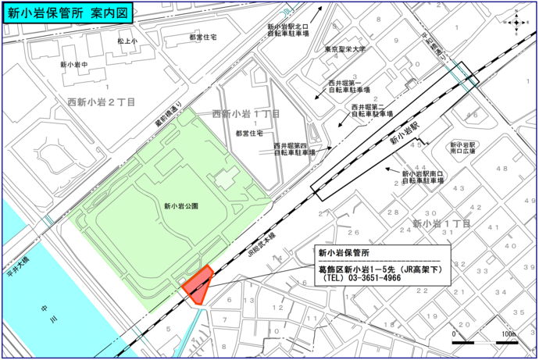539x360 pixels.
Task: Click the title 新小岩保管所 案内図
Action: coord(68,12)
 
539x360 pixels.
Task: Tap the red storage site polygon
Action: coord(198,283)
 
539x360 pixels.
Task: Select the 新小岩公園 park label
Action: coord(181,206)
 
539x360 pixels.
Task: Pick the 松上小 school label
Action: coord(127,40)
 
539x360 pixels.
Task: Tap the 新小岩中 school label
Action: coord(73,64)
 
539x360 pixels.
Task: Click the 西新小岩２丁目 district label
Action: coord(102,102)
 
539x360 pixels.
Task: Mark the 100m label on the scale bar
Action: coord(509,334)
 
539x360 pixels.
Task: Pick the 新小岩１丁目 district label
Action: coord(441,224)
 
